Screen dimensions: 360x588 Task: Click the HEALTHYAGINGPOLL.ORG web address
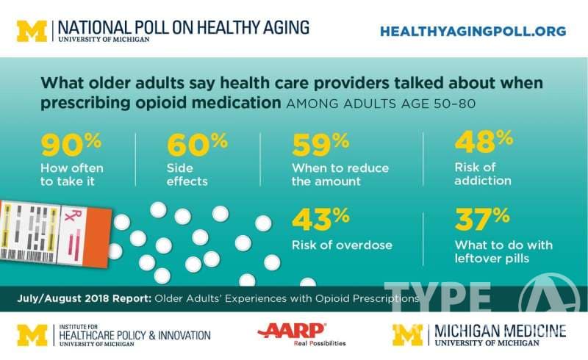click(473, 31)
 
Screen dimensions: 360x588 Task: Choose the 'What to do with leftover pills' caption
click(503, 251)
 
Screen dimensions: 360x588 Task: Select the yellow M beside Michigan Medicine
click(407, 334)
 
